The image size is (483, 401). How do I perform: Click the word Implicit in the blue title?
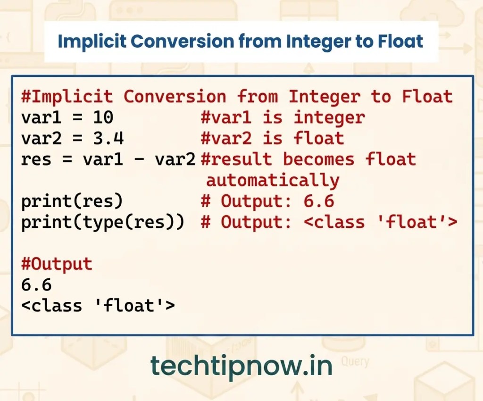(92, 41)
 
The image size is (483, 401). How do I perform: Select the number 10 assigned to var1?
(103, 117)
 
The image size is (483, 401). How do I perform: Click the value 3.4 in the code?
(108, 138)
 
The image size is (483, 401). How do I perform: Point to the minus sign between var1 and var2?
(139, 159)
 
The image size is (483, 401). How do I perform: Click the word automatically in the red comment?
(273, 180)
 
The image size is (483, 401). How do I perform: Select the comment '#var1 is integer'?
(283, 117)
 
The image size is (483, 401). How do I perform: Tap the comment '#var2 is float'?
(272, 138)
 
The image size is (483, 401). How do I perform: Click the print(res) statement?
(72, 201)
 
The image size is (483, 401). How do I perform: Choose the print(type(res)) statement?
(103, 222)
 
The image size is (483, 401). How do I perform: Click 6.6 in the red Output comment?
(319, 201)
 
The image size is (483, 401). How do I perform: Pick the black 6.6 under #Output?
(36, 284)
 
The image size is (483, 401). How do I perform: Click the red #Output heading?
(57, 264)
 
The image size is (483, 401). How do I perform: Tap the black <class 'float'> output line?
(98, 306)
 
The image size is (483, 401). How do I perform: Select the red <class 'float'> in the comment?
(381, 222)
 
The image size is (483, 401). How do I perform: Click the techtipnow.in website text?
(241, 366)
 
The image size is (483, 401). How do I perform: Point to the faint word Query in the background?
(355, 361)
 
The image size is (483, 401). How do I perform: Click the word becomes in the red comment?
(319, 159)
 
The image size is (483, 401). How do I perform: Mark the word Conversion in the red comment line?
(175, 96)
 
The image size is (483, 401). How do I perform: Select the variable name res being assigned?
(36, 160)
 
